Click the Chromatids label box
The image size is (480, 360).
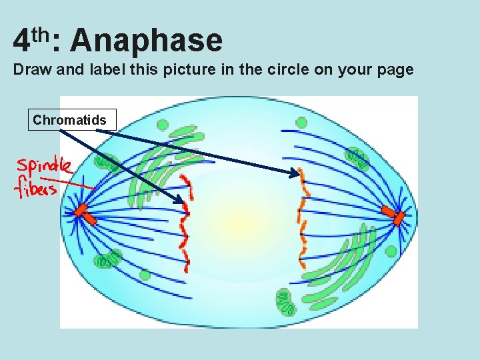click(69, 120)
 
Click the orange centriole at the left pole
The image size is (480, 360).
click(81, 211)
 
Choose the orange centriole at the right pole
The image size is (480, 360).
click(393, 215)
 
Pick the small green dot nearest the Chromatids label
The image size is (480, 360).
click(162, 125)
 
